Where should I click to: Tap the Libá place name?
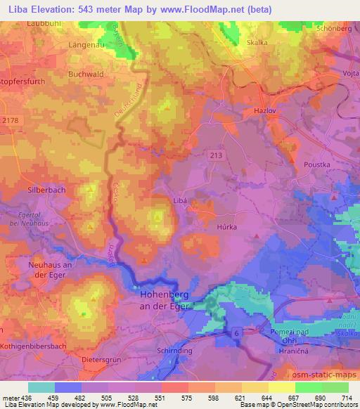pyautogui.click(x=181, y=200)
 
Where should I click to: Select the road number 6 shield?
pyautogui.click(x=236, y=331)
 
